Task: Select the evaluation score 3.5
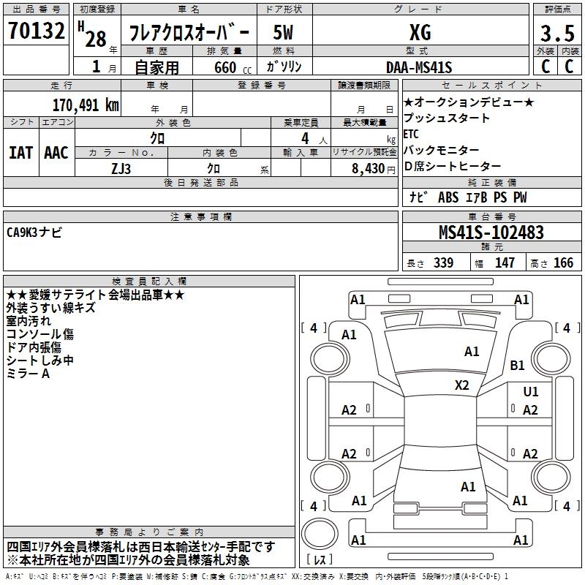tap(556, 33)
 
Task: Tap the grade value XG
tap(420, 32)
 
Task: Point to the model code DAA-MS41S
tap(419, 67)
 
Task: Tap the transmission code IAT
tap(20, 153)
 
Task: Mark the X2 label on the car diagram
tap(461, 385)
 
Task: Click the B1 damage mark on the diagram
tap(518, 365)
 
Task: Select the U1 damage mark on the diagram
tap(530, 392)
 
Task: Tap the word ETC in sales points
tap(411, 134)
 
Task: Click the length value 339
tap(443, 263)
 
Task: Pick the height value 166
tap(563, 263)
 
